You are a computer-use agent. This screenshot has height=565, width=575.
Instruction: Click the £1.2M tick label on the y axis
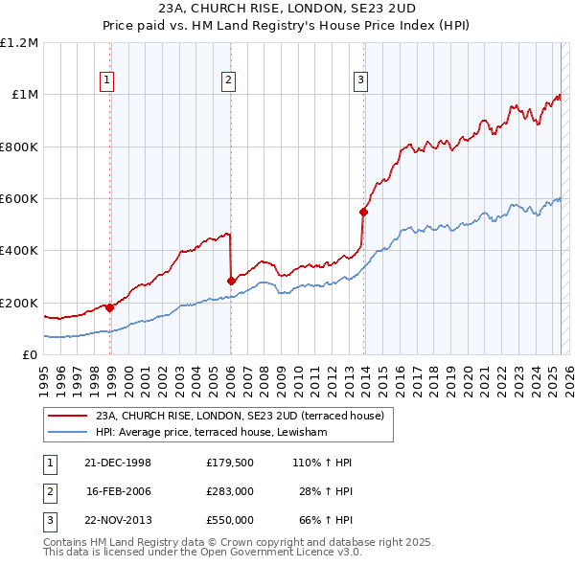[x=19, y=43]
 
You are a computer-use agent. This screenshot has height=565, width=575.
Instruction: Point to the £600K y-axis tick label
[x=19, y=199]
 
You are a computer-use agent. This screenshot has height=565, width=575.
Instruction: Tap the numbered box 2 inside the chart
[x=228, y=80]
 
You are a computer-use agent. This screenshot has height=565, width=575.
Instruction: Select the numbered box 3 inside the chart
[x=360, y=80]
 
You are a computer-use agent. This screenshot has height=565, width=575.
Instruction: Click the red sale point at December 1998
[x=110, y=308]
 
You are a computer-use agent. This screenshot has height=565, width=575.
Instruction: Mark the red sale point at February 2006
[x=231, y=281]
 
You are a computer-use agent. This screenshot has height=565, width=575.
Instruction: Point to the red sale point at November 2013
[x=363, y=212]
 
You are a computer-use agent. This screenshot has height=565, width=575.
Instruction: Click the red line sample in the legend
[x=67, y=416]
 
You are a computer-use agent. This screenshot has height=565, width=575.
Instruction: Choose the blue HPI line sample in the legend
[x=67, y=432]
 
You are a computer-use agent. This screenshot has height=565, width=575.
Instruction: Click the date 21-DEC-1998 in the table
[x=118, y=463]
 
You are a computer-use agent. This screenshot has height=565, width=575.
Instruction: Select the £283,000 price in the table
[x=229, y=491]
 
